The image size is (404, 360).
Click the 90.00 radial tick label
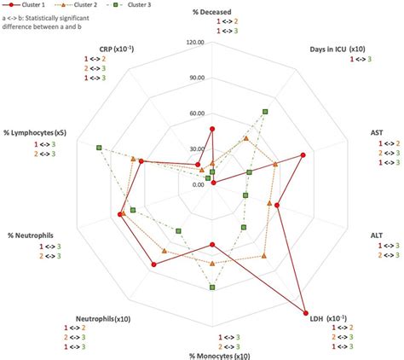tap(195, 78)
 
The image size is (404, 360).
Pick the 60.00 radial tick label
tap(195, 113)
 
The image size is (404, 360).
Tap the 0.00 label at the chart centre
tap(197, 184)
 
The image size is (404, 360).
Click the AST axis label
tap(376, 132)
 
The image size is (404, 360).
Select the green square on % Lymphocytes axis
tap(99, 148)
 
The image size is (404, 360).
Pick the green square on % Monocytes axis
tap(212, 287)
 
